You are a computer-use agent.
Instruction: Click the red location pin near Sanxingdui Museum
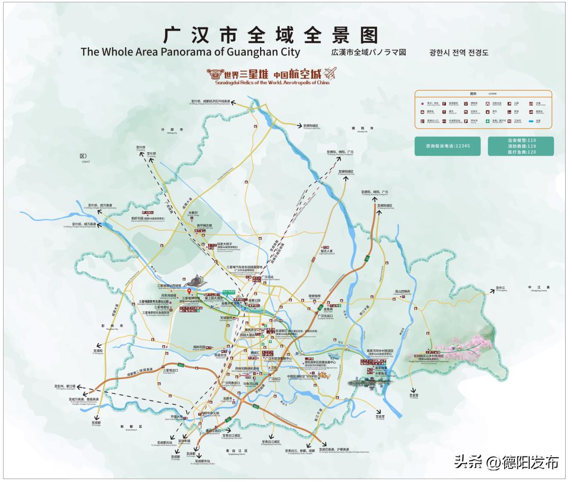tap(189, 291)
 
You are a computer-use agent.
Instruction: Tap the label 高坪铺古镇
tap(204, 225)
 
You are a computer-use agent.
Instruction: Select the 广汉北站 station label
tap(267, 277)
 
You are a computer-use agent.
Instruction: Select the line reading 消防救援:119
tap(521, 146)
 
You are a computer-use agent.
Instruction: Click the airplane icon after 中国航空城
tap(330, 72)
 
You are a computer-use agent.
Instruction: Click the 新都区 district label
tap(128, 426)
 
